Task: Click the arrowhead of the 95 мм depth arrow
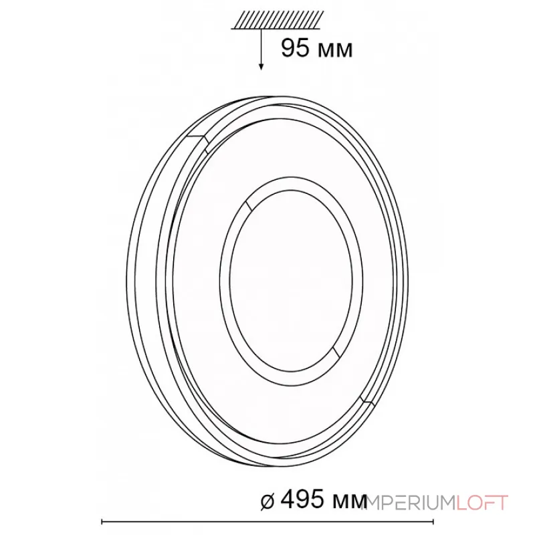pos(261,66)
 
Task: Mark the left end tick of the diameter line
pos(102,522)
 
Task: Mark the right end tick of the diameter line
pos(433,522)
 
